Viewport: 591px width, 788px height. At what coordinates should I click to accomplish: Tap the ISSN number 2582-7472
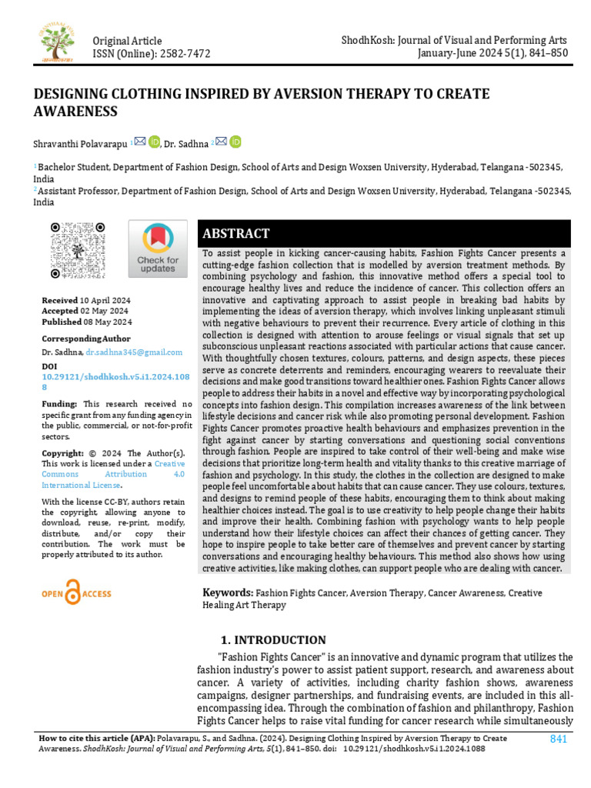click(185, 53)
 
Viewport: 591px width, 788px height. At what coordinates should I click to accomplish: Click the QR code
click(77, 250)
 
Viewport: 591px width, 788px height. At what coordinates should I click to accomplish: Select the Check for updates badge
click(157, 249)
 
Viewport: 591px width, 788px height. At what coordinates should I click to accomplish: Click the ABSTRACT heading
click(235, 234)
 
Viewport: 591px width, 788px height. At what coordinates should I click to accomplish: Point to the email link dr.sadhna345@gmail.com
click(134, 352)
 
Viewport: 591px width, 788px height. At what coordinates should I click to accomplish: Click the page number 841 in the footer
click(559, 740)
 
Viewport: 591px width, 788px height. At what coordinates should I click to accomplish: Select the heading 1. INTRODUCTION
click(273, 640)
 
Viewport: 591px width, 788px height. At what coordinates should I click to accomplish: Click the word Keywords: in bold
click(228, 593)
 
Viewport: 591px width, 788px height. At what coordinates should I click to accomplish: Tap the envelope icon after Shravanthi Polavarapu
click(139, 141)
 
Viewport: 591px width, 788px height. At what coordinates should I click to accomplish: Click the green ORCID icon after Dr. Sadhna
click(235, 142)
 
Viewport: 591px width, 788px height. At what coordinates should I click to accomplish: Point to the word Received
click(60, 300)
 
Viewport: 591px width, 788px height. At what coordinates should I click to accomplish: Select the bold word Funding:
click(59, 404)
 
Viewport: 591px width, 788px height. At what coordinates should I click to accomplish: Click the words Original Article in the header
click(127, 41)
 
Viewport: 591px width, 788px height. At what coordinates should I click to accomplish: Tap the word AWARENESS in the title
click(75, 111)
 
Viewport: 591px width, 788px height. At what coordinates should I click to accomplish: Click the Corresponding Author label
click(86, 339)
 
